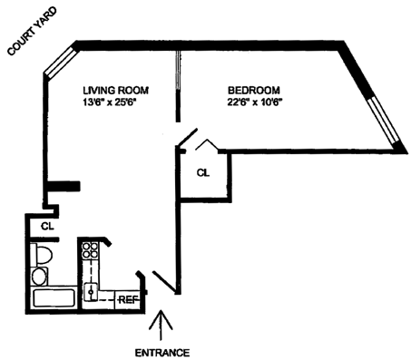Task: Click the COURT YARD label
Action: [x=32, y=32]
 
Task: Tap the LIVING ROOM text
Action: [x=116, y=91]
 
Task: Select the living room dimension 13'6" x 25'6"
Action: [x=111, y=102]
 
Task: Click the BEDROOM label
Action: [x=254, y=91]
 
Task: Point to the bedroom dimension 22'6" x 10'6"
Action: [x=255, y=102]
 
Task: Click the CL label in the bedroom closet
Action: [x=202, y=173]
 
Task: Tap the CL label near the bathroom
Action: [x=47, y=227]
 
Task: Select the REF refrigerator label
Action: [x=128, y=300]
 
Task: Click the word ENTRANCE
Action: [x=162, y=353]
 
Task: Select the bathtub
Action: [x=54, y=298]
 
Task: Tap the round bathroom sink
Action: [x=39, y=277]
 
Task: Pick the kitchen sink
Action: [x=91, y=292]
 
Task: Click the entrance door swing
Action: [x=165, y=282]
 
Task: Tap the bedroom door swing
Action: [x=188, y=138]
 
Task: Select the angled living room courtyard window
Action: [x=60, y=63]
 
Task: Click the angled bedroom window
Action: [x=383, y=121]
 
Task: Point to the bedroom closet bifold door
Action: [x=207, y=145]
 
